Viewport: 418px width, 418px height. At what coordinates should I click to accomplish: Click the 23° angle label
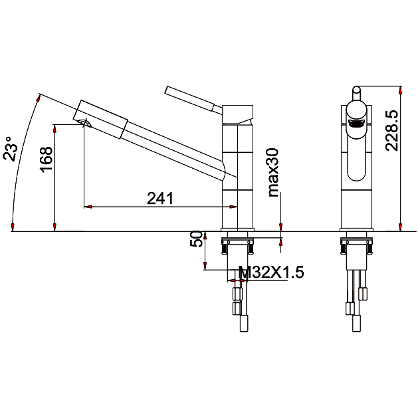pyautogui.click(x=11, y=149)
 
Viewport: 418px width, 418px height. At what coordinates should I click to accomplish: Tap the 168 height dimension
pyautogui.click(x=46, y=159)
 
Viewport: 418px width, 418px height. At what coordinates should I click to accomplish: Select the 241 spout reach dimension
pyautogui.click(x=160, y=198)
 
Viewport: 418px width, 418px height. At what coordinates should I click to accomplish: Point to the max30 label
pyautogui.click(x=273, y=173)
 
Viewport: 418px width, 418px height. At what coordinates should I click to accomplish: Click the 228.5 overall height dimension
pyautogui.click(x=392, y=131)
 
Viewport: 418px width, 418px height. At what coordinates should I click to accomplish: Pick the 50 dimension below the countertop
pyautogui.click(x=197, y=239)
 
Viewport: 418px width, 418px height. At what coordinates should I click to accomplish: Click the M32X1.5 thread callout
pyautogui.click(x=271, y=272)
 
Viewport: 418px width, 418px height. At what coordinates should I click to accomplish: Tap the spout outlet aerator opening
pyautogui.click(x=85, y=123)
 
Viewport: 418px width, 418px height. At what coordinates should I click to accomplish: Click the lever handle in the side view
pyautogui.click(x=193, y=100)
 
